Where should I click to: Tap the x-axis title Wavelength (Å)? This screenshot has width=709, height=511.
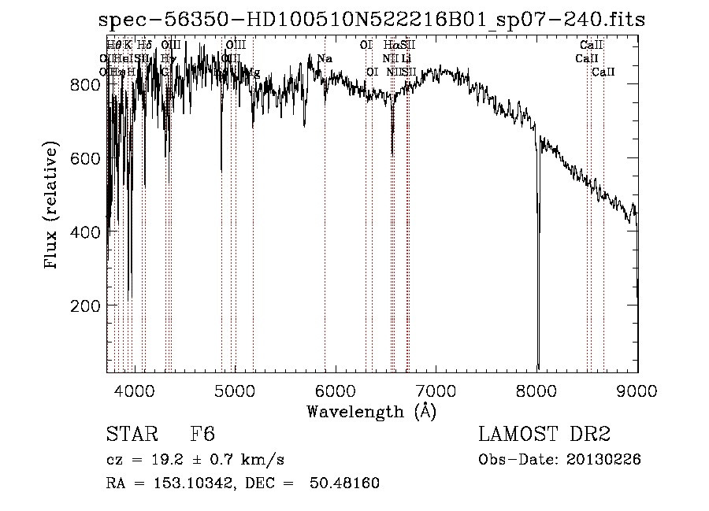[371, 411]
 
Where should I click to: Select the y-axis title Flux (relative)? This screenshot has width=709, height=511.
[52, 207]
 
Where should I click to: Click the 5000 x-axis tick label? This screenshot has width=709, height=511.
[236, 390]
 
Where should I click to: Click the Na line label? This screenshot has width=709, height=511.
[325, 59]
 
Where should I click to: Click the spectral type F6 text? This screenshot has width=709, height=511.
[202, 435]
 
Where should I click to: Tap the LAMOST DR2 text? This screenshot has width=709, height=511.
[544, 435]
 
